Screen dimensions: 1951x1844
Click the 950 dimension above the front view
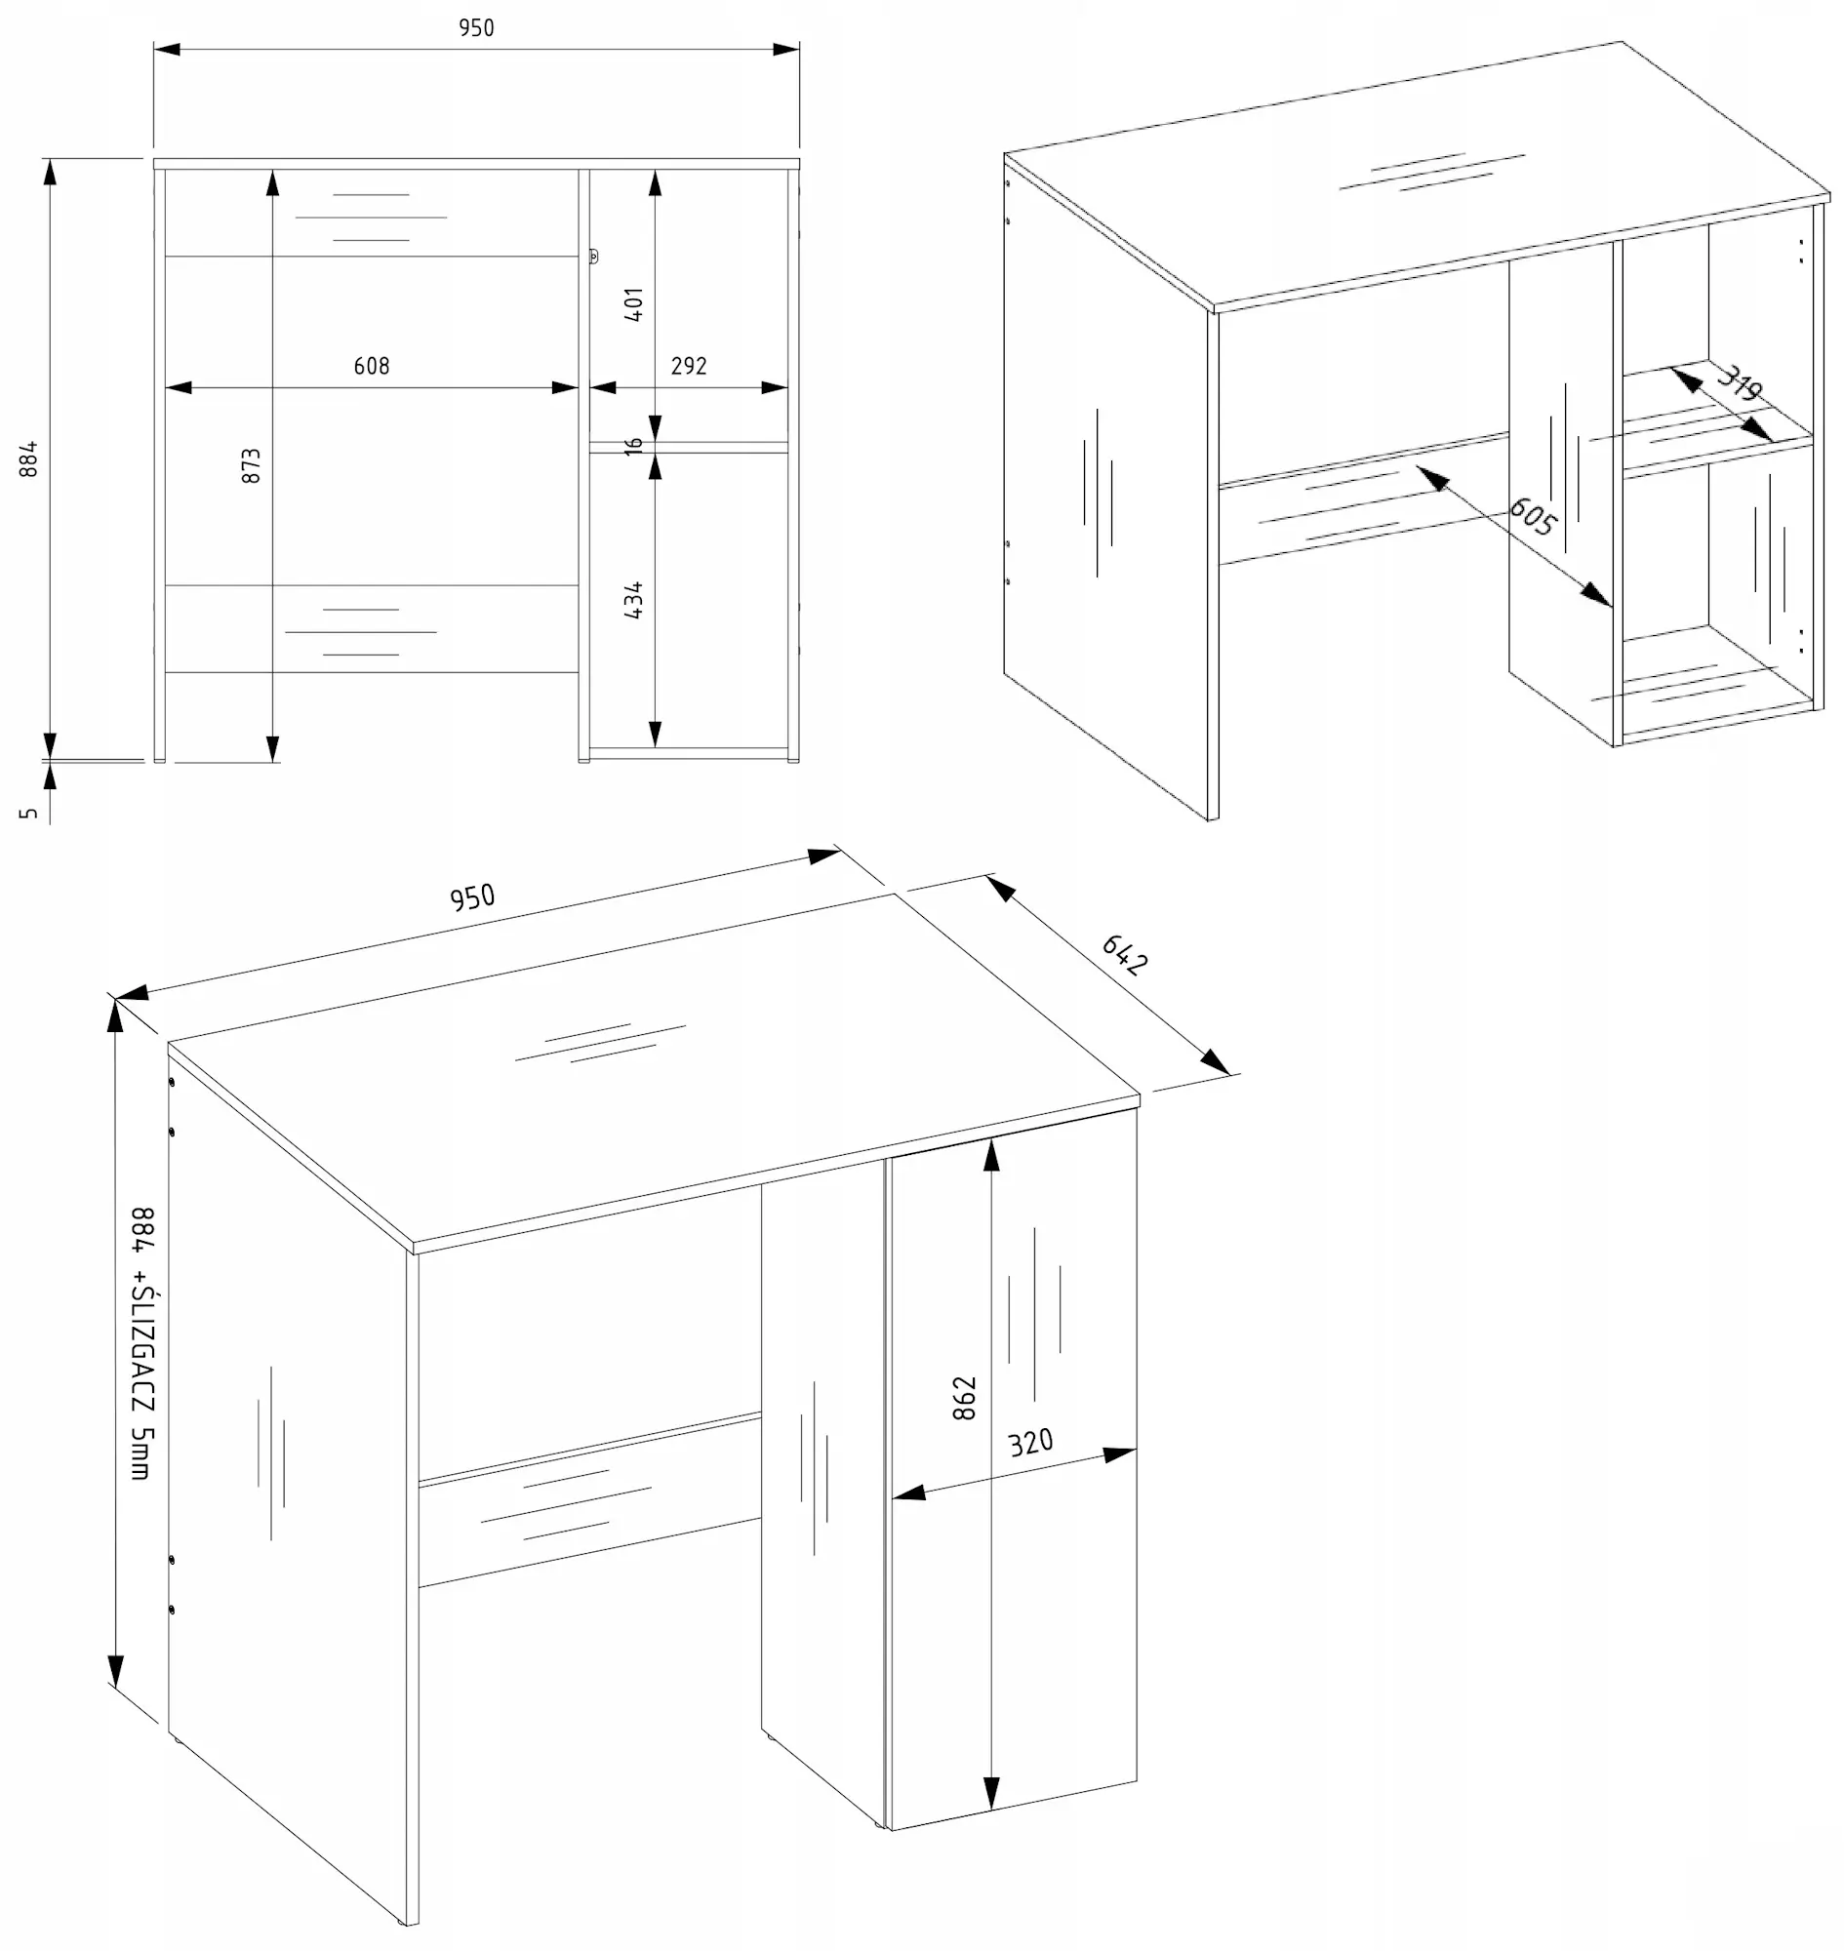pos(476,27)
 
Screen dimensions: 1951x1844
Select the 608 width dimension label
pos(372,366)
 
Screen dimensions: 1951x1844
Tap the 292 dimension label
pos(688,366)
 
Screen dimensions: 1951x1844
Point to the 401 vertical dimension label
pos(634,304)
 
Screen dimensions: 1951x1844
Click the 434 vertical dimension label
pos(634,600)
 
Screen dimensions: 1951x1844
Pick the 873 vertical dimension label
pos(252,466)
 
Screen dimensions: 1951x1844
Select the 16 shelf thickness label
pos(634,446)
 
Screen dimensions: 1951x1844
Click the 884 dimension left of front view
pos(29,459)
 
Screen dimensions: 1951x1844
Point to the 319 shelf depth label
pos(1739,383)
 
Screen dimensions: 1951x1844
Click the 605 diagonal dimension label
pos(1532,516)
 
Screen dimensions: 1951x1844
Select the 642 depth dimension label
pos(1124,954)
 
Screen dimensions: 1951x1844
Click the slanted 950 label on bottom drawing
pos(472,897)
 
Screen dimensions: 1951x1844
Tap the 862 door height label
pos(964,1398)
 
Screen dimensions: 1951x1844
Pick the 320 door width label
pos(1030,1442)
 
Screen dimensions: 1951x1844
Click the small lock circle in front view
pos(593,257)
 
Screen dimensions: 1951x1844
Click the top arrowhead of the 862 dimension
pos(992,1156)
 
